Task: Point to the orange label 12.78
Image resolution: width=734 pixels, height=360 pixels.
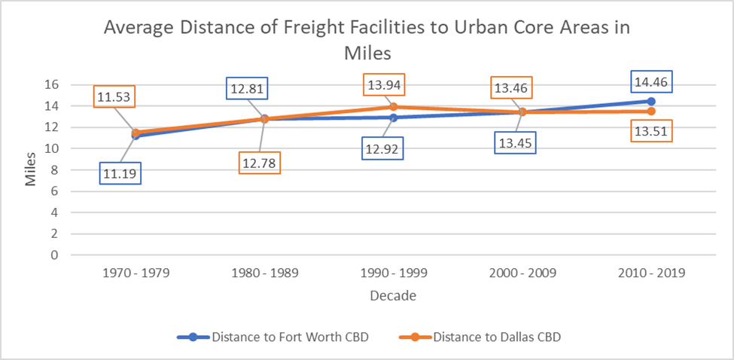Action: click(x=260, y=163)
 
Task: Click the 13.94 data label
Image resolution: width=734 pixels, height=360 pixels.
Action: click(x=385, y=84)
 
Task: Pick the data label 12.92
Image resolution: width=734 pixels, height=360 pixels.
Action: click(x=381, y=148)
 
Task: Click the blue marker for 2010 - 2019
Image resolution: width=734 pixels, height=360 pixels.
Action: click(x=651, y=101)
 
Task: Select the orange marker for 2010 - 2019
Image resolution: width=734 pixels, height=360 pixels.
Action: click(x=651, y=111)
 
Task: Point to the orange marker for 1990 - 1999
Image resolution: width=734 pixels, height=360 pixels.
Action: click(x=393, y=107)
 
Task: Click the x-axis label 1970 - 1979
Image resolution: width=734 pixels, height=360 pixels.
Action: click(x=136, y=273)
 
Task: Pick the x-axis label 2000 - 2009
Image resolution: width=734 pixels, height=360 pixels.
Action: click(x=522, y=273)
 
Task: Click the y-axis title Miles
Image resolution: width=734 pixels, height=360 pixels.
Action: click(x=30, y=170)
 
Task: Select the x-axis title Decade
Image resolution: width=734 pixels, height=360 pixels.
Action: click(x=393, y=296)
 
